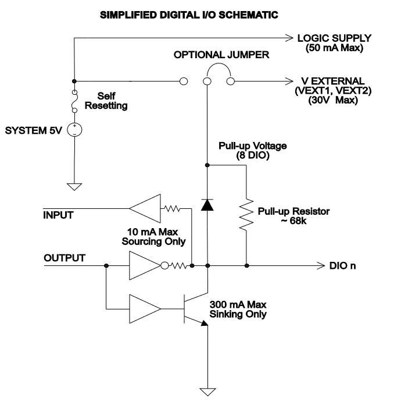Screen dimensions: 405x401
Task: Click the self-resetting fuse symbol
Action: tap(74, 102)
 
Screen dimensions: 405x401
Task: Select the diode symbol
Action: tap(207, 205)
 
